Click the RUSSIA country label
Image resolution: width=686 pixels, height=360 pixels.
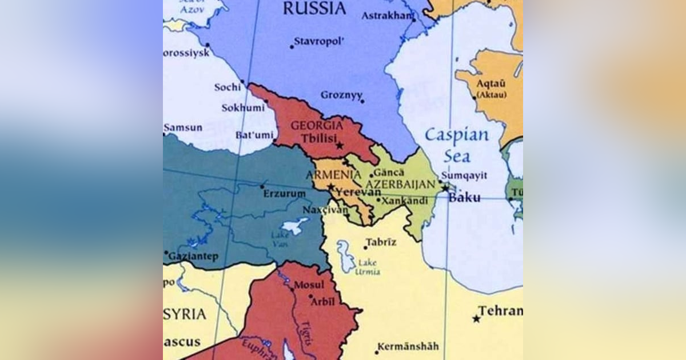[x=314, y=9]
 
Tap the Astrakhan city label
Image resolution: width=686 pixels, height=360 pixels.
[x=386, y=15]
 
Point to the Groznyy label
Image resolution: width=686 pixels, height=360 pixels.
[x=341, y=95]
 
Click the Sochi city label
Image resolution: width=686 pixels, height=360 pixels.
[x=228, y=87]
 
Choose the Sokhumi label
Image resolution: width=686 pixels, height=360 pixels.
[x=243, y=107]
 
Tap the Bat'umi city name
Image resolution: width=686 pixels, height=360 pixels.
[x=253, y=135]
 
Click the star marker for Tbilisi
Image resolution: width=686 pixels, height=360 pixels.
[x=340, y=146]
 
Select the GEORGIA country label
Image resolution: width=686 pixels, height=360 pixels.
[x=317, y=125]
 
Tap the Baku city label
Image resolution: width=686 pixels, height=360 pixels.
[x=464, y=198]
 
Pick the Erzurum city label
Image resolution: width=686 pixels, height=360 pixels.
[x=284, y=194]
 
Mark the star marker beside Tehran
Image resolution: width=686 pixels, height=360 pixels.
[x=476, y=318]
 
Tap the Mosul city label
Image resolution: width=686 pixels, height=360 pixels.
[x=309, y=285]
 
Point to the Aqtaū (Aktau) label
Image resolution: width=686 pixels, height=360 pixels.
[x=492, y=89]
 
